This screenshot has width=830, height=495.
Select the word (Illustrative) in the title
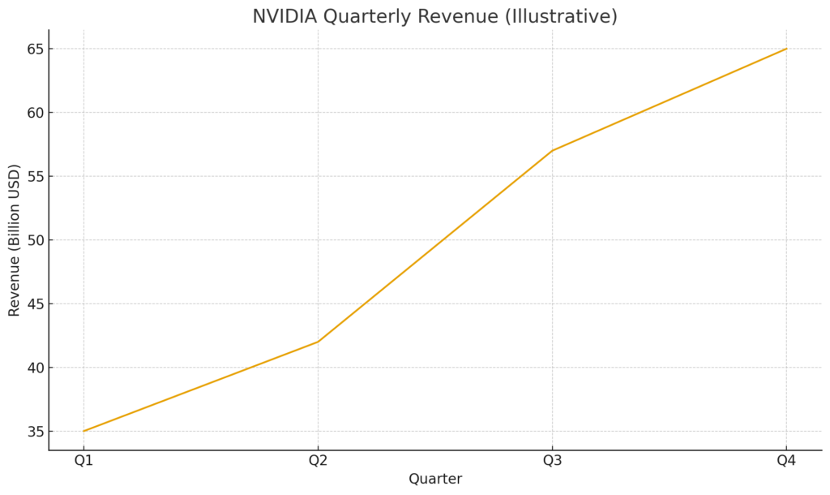[561, 16]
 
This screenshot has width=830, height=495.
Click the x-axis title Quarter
[435, 479]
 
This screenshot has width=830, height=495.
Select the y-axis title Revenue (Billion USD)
[15, 240]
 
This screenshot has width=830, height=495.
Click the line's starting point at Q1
[83, 431]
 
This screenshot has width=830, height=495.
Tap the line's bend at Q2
[318, 342]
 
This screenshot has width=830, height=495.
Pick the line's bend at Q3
[552, 150]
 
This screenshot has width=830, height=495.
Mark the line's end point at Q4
[786, 49]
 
